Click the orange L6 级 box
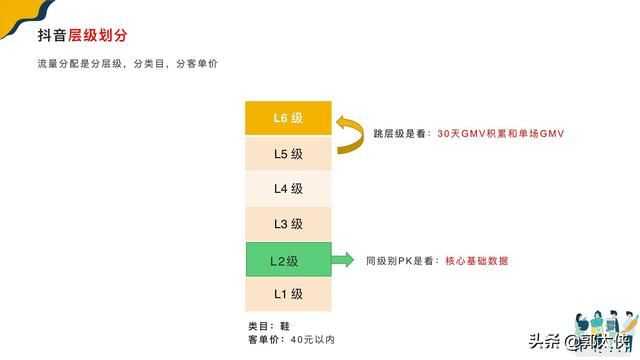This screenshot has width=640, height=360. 287,118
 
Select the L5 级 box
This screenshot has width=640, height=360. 287,154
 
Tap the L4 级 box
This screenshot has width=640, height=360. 287,188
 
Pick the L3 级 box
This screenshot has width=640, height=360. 287,224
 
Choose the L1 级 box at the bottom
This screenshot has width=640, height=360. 287,294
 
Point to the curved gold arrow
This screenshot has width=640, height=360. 347,135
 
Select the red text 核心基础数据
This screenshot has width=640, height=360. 477,260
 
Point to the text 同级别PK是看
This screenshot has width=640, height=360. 398,260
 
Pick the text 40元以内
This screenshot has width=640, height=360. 312,340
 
